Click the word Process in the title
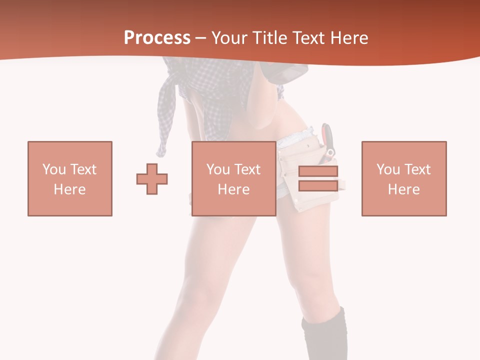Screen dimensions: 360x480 pyautogui.click(x=157, y=38)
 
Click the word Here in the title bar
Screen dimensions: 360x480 pyautogui.click(x=350, y=38)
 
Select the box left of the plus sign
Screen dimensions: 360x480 pyautogui.click(x=69, y=178)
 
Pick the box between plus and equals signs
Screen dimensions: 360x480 pyautogui.click(x=233, y=178)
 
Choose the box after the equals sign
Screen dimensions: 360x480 pyautogui.click(x=403, y=178)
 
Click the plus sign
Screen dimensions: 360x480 pyautogui.click(x=152, y=178)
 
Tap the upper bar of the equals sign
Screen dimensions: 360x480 pyautogui.click(x=318, y=171)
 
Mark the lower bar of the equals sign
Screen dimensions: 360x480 pyautogui.click(x=318, y=185)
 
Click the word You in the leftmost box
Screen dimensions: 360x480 pyautogui.click(x=54, y=169)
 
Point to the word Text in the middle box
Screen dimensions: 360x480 pyautogui.click(x=247, y=169)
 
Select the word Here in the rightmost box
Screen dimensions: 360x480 pyautogui.click(x=403, y=189)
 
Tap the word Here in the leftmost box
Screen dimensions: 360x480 pyautogui.click(x=69, y=189)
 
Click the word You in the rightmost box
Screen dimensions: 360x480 pyautogui.click(x=388, y=169)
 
